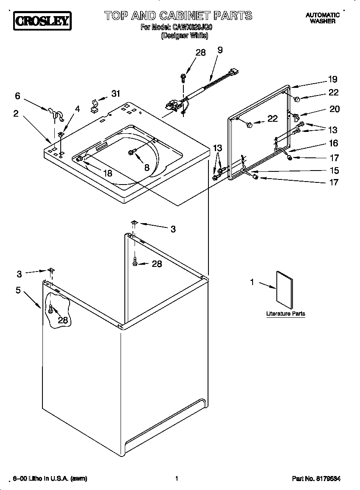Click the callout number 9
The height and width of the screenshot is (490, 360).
pos(220,50)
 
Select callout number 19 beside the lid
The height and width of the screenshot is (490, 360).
pos(332,79)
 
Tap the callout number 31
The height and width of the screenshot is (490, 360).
pos(115,94)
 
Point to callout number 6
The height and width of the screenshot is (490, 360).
pos(17,96)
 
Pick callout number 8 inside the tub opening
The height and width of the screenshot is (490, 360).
pos(146,167)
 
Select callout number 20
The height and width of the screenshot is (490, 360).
pos(335,109)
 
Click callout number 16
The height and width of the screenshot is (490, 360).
pos(334,143)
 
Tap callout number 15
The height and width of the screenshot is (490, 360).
pos(334,171)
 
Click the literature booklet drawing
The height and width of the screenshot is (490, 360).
pos(284,290)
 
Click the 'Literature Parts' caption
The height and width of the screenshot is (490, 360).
pos(285,314)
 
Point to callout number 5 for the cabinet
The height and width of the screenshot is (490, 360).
pos(18,291)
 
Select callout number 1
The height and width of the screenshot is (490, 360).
pos(252,282)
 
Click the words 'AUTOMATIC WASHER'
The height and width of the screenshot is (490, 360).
pos(323,18)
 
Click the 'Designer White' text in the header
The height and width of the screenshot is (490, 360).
pos(184,36)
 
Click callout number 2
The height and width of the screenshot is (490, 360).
pos(16,114)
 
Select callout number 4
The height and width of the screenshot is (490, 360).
pos(77,109)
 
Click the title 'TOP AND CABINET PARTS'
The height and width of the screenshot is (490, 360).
pos(178,16)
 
